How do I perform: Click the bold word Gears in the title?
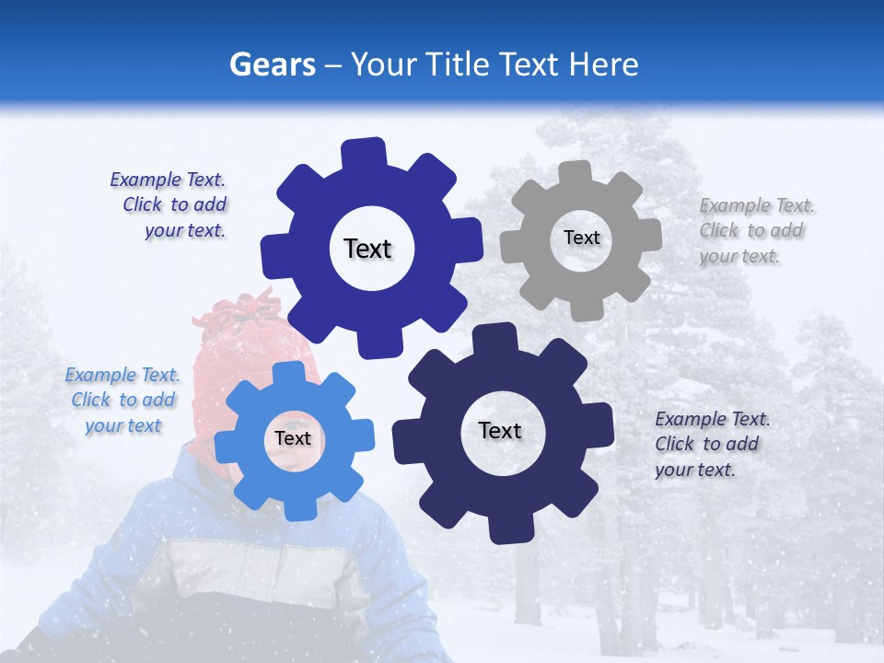pyautogui.click(x=273, y=64)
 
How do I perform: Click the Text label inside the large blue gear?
pyautogui.click(x=367, y=249)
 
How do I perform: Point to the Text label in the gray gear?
pyautogui.click(x=581, y=238)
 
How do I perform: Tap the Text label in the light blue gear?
pyautogui.click(x=293, y=438)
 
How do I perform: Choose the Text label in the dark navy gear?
pyautogui.click(x=500, y=430)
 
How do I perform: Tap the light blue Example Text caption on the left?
pyautogui.click(x=123, y=401)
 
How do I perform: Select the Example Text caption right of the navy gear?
pyautogui.click(x=711, y=444)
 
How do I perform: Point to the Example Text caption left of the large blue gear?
pyautogui.click(x=171, y=205)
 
